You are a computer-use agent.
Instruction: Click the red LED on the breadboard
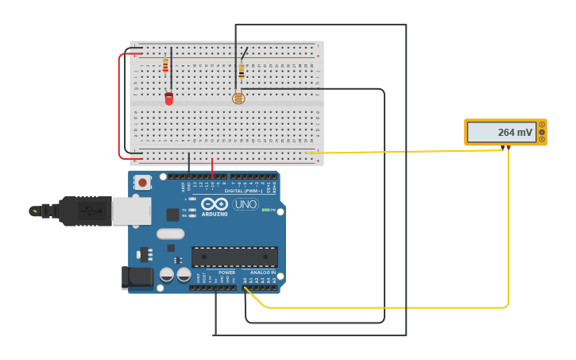[x=168, y=99]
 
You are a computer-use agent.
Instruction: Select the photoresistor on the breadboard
[x=238, y=99]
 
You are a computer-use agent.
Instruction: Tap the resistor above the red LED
[x=165, y=66]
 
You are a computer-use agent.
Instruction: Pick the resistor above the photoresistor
[x=242, y=71]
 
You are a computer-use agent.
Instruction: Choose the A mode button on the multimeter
[x=542, y=125]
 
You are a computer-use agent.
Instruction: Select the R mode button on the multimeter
[x=542, y=139]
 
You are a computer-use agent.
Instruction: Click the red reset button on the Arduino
[x=142, y=182]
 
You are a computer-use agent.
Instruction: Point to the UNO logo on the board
[x=245, y=204]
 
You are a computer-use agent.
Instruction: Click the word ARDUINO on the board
[x=215, y=214]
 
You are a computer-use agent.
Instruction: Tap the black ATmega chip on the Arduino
[x=234, y=257]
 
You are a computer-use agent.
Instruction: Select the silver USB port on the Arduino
[x=131, y=211]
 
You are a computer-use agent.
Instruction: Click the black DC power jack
[x=136, y=277]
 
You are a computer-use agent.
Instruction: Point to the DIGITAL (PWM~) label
[x=244, y=191]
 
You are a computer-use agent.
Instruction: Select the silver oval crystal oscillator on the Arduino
[x=170, y=234]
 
